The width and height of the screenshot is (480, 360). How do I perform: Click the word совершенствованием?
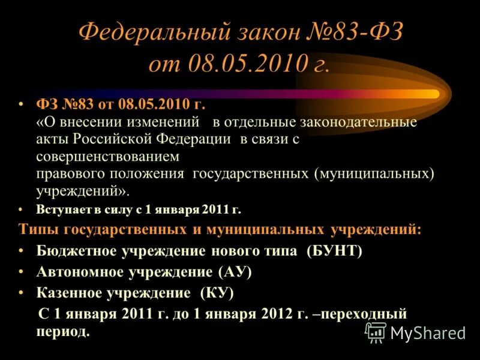(x=108, y=157)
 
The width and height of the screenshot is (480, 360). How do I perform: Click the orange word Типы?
(x=38, y=229)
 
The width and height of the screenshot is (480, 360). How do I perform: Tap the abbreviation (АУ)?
(x=234, y=272)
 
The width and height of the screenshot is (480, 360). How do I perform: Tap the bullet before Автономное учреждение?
(x=22, y=271)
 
